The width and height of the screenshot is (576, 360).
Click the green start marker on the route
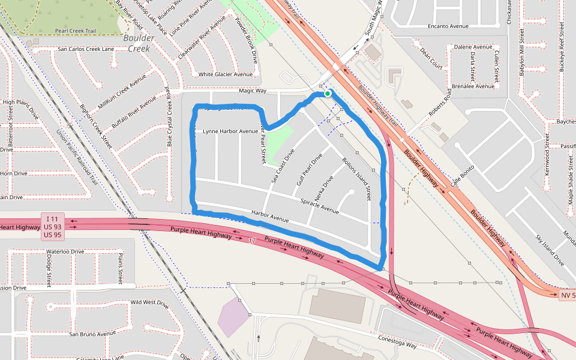327,94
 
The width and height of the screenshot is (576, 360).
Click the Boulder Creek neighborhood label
139,43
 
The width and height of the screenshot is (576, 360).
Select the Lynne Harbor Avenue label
230,131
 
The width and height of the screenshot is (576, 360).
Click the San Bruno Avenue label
92,334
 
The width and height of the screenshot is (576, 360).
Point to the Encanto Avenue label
448,26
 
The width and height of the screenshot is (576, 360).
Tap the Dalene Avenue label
473,47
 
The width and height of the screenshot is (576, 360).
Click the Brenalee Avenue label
473,86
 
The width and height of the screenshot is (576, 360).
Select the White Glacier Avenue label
226,74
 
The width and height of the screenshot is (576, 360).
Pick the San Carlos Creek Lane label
86,49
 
